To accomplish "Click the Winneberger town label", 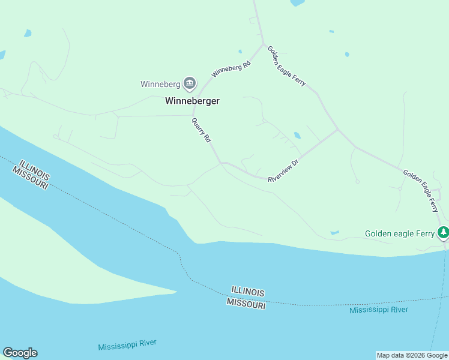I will [x=192, y=101].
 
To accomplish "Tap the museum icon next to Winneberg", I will [x=190, y=83].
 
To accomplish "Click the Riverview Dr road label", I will [x=283, y=170].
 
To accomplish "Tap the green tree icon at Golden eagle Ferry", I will [x=443, y=232].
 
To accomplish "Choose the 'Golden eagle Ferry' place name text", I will [x=399, y=233].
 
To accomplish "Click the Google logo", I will [x=20, y=353].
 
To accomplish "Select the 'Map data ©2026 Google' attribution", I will [x=412, y=355].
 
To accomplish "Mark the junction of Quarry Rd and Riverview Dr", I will [x=221, y=162].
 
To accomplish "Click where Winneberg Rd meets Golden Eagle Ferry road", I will [x=262, y=44].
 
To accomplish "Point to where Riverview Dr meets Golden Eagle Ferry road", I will [x=338, y=129].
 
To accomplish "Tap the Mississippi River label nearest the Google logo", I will [x=127, y=344].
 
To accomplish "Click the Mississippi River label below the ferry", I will [x=379, y=310].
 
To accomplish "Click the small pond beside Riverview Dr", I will [x=297, y=135].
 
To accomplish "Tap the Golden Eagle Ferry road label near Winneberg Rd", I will [x=286, y=66].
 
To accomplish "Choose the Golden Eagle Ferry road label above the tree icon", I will [x=421, y=191].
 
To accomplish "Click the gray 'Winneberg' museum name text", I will [x=160, y=84].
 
